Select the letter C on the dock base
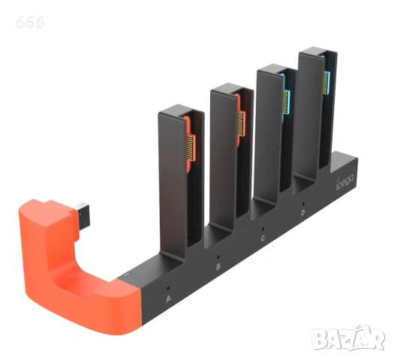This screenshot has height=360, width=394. click(263, 238)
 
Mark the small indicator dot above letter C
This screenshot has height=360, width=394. click(263, 227)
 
